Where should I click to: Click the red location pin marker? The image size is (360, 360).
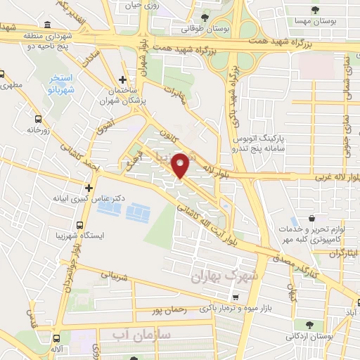181,165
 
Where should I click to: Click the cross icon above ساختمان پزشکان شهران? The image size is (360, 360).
122,79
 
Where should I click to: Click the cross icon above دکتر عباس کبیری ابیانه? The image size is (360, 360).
89,188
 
